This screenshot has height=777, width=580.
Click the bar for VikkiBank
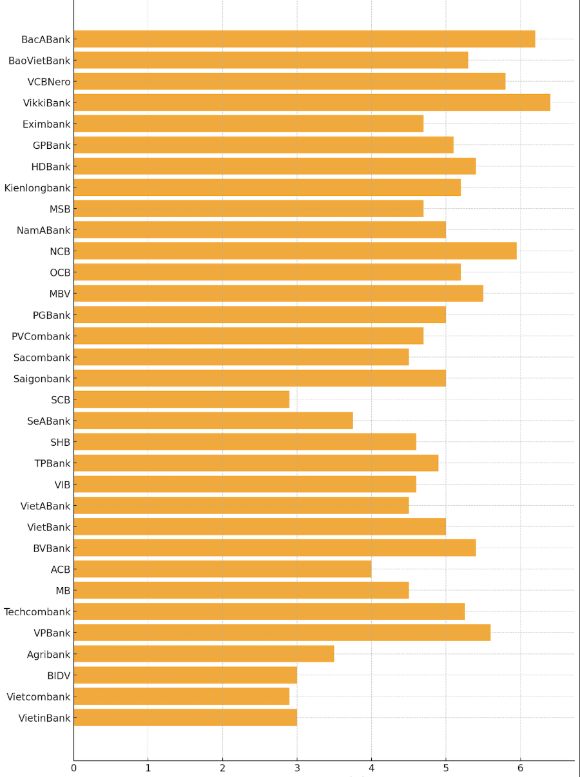pos(312,102)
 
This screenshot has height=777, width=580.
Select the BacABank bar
pos(304,39)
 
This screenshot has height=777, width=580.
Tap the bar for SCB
pos(181,399)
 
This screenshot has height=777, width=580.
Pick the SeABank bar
pos(213,421)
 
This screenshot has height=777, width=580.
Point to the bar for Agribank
pos(204,654)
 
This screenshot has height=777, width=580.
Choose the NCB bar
pos(295,251)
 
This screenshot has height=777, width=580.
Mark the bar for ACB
pos(222,569)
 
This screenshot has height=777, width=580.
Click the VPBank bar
pos(282,633)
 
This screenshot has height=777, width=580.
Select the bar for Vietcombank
pos(181,696)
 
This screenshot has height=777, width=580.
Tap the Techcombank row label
pos(37,612)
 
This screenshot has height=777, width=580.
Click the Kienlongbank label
pos(37,188)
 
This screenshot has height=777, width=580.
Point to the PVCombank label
pos(41,336)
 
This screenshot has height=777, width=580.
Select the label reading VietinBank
pos(44,718)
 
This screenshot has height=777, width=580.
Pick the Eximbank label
pos(46,124)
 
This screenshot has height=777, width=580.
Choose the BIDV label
pos(59,676)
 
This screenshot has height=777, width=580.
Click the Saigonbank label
pos(42,379)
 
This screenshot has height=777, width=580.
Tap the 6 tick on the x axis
pos(520,768)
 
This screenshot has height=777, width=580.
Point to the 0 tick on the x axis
pos(73,768)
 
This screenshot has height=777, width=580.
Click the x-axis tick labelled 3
pos(297,768)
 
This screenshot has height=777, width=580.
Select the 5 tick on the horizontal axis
pos(446,768)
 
